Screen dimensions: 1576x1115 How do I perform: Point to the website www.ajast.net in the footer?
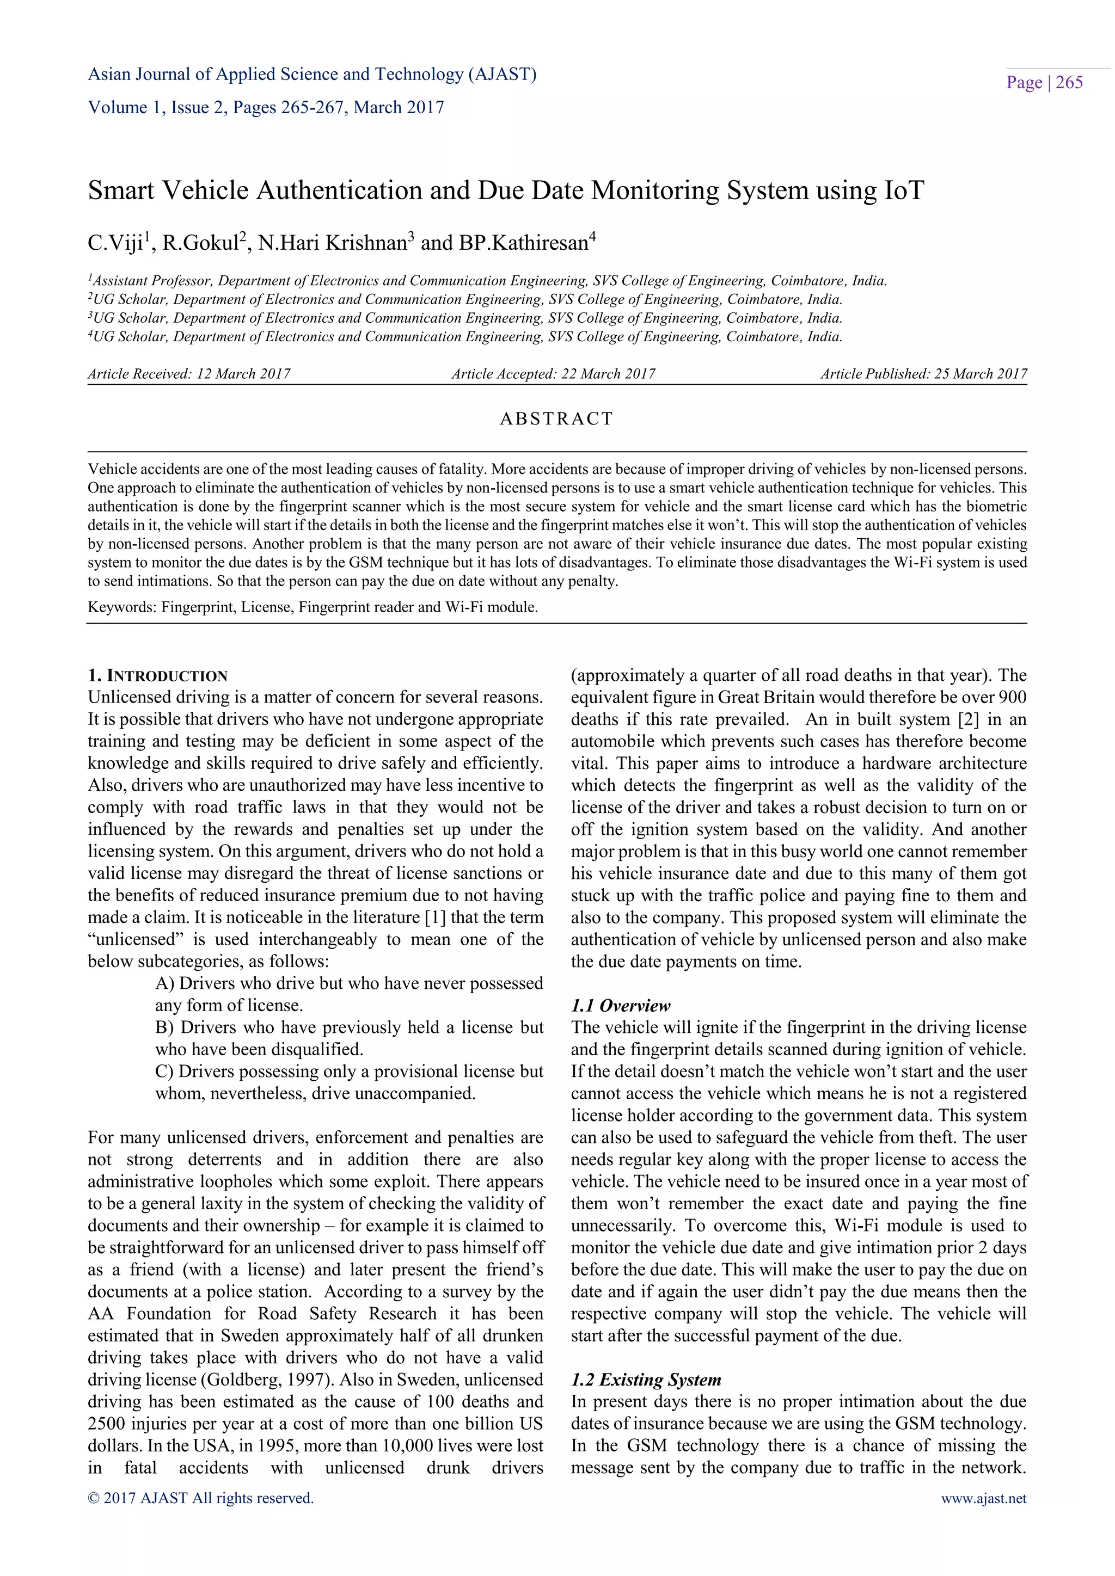[983, 1498]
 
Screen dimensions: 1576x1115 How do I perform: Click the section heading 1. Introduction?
[158, 675]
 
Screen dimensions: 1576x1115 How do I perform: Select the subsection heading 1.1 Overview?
[621, 1006]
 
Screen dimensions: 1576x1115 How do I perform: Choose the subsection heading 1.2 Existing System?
[646, 1380]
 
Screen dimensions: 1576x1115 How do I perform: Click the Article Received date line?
[189, 374]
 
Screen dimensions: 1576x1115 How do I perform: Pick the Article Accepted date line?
[553, 374]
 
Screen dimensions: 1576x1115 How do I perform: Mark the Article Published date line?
[923, 374]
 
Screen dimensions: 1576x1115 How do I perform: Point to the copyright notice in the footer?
[200, 1498]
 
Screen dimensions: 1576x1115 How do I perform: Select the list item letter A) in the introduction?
[165, 983]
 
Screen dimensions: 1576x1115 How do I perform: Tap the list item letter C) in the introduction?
[165, 1072]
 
